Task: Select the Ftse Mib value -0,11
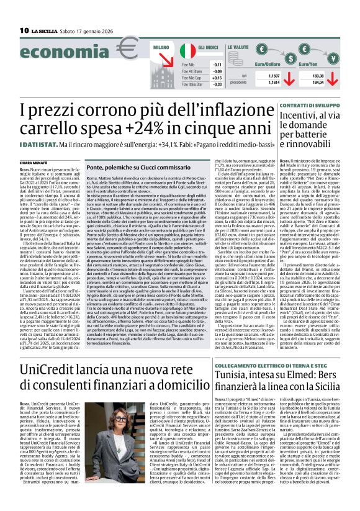point(217,65)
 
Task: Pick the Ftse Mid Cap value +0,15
point(217,78)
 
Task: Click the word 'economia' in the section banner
point(57,54)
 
